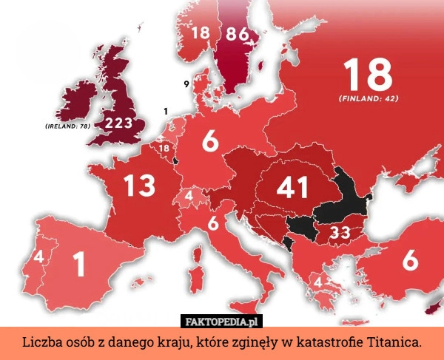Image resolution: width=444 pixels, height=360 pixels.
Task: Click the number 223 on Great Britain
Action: pos(118,123)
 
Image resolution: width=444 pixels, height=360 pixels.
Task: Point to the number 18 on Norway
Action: pos(201,33)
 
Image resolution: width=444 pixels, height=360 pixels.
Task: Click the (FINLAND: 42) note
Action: pos(369,98)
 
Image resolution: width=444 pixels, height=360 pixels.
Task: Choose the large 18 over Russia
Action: pos(368,74)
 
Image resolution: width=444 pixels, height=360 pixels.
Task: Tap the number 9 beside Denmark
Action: pos(185,85)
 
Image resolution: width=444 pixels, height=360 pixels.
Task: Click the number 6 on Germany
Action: pos(210,141)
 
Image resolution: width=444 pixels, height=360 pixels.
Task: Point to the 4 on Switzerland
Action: pos(189,196)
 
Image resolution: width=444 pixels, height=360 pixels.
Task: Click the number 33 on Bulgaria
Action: pos(340,233)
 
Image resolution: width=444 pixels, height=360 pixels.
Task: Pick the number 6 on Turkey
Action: pos(411,260)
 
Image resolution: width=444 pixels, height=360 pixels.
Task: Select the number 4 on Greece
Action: pos(317,282)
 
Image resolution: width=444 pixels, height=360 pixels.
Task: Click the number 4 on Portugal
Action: pos(37,256)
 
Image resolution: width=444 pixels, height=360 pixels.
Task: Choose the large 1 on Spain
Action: pos(79,264)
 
